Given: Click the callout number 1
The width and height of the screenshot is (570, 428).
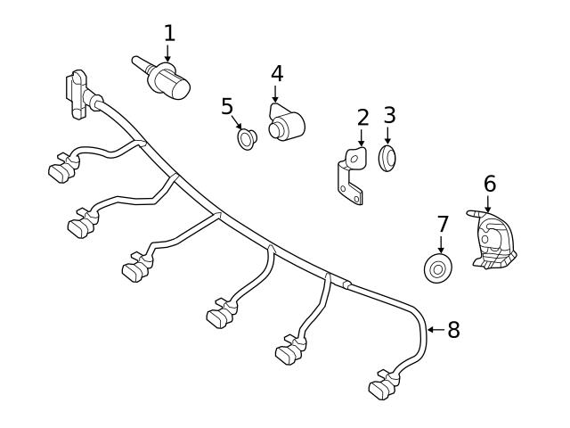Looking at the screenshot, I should pyautogui.click(x=169, y=34).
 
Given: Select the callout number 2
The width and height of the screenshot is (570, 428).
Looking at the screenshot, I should pyautogui.click(x=362, y=118).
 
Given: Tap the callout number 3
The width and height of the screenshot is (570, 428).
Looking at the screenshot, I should pyautogui.click(x=389, y=116).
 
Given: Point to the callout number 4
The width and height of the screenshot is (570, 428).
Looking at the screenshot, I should pyautogui.click(x=277, y=73).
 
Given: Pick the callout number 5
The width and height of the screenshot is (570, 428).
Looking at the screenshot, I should pyautogui.click(x=227, y=107).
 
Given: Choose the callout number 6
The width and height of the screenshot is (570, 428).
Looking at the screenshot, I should pyautogui.click(x=489, y=184).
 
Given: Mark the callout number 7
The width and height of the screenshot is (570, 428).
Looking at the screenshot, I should pyautogui.click(x=443, y=223).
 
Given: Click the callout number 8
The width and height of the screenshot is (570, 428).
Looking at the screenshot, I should pyautogui.click(x=453, y=330).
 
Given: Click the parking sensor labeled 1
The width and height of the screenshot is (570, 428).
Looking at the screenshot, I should pyautogui.click(x=169, y=83).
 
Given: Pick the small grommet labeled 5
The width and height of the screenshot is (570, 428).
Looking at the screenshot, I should pyautogui.click(x=247, y=138).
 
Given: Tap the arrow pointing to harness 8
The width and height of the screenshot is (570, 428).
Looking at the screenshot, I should pyautogui.click(x=434, y=330).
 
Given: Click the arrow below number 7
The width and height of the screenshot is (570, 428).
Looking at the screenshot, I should pyautogui.click(x=443, y=243).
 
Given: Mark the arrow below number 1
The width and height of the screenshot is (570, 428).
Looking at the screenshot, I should pyautogui.click(x=168, y=54).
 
